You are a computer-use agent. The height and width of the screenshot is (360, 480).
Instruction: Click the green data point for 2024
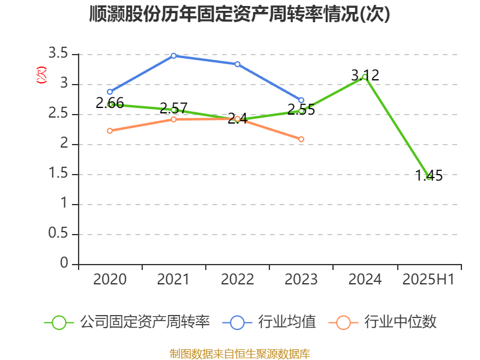365,77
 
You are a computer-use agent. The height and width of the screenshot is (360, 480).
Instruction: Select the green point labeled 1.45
428,177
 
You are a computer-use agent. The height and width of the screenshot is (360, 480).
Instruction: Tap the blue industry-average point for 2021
173,56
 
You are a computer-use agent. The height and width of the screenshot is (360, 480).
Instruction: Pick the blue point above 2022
238,64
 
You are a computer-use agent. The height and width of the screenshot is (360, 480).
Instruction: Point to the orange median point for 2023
301,139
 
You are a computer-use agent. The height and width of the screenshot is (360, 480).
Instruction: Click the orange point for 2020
110,131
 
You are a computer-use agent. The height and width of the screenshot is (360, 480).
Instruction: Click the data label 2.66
110,103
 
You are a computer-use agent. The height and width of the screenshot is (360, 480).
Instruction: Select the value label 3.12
365,75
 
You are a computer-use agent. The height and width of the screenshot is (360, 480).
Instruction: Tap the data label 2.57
173,109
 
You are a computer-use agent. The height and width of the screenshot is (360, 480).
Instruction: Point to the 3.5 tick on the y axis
59,55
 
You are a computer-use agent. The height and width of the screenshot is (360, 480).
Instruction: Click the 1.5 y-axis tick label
59,175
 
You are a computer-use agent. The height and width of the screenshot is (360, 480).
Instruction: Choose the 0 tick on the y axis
64,264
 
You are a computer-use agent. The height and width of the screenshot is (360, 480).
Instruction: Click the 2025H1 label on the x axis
428,280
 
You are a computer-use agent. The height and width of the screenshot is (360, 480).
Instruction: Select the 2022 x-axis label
238,280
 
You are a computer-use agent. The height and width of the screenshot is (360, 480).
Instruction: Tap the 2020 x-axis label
110,280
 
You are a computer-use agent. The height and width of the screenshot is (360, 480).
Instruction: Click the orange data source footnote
239,353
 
